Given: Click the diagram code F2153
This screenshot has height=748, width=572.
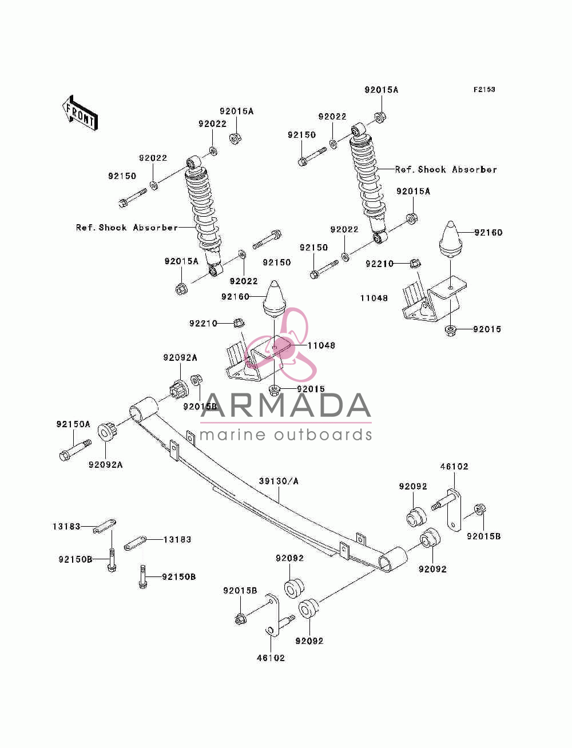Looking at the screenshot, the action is tap(484, 89).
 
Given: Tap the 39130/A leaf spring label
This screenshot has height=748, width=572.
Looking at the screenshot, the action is tap(279, 481).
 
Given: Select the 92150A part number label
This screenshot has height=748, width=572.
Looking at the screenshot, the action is tap(73, 424).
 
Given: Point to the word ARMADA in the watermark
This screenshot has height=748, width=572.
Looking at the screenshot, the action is tap(285, 405).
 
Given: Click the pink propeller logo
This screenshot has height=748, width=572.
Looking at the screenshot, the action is tap(280, 344).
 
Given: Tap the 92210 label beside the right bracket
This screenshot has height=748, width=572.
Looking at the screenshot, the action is tap(379, 264).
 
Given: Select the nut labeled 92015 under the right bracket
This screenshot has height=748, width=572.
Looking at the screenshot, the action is tap(451, 330).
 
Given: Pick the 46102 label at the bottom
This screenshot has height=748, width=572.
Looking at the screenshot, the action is tap(271, 658).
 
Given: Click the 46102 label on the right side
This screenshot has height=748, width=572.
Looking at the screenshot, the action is tap(454, 466).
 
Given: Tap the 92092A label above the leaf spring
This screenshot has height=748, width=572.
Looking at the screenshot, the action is tap(180, 357).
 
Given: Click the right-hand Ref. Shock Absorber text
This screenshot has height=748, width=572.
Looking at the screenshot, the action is tap(446, 169).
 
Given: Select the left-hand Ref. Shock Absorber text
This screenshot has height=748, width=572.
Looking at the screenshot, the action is tap(127, 227).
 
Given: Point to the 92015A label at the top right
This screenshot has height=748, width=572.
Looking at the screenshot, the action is tap(382, 90).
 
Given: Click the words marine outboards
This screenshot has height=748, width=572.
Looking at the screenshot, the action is tap(285, 435).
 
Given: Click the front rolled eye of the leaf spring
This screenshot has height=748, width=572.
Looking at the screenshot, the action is tap(144, 408).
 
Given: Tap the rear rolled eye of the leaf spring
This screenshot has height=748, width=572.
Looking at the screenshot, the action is tap(394, 559).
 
